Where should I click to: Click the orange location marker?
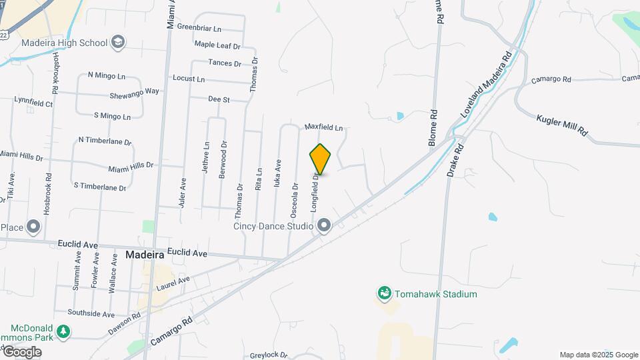[x=321, y=159]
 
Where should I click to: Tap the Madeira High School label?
[x=65, y=43]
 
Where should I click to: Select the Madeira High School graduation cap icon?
[x=118, y=43]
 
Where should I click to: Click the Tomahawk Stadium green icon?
[x=383, y=293]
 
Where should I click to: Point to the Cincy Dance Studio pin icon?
[x=324, y=226]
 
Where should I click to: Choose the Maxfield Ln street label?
[x=323, y=127]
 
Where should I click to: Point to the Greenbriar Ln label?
[x=199, y=29]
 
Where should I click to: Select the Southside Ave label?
[x=91, y=313]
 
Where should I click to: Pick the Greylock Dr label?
[x=267, y=355]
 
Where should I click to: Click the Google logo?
[x=22, y=352]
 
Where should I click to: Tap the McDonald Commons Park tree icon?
[x=63, y=331]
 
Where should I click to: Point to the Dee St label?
[x=219, y=99]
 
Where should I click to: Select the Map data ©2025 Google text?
[x=598, y=355]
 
